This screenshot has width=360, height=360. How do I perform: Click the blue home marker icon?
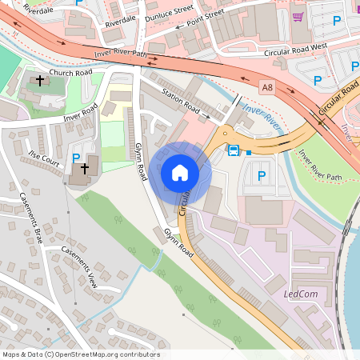[180, 173]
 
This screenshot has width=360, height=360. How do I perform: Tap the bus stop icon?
[234, 150]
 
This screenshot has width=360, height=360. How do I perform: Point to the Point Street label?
[206, 15]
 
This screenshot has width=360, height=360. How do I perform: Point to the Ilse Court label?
[45, 157]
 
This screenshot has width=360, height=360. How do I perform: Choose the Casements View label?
[79, 266]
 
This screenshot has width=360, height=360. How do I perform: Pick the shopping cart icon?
[298, 17]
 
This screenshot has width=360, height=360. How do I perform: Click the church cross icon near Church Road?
[39, 81]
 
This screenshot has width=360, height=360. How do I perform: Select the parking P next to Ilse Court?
[76, 158]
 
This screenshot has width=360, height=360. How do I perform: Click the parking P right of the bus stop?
[260, 174]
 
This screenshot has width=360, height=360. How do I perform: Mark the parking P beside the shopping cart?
[337, 20]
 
